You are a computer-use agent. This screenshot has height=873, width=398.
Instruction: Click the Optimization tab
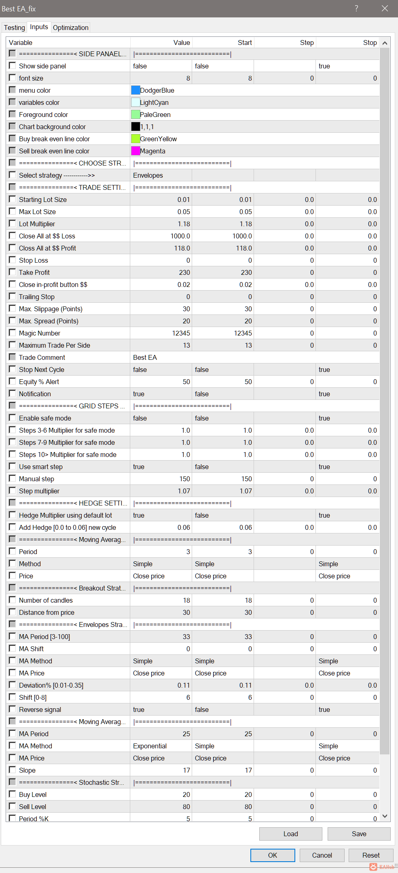point(70,28)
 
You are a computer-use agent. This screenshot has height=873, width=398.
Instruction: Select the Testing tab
point(14,28)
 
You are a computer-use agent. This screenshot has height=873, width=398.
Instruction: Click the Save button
point(359,834)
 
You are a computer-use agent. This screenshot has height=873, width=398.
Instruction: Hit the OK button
point(273,855)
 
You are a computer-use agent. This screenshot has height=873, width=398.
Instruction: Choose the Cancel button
point(322,855)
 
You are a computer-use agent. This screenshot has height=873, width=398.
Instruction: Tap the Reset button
point(371,855)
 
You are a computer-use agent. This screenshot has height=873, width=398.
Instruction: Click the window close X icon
point(385,8)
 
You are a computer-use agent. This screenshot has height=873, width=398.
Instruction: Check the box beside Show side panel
point(13,66)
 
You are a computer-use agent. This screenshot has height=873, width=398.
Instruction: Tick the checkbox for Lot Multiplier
point(13,223)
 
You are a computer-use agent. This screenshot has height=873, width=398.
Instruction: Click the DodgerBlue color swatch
point(135,90)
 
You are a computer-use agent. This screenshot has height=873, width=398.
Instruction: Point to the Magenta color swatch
point(135,151)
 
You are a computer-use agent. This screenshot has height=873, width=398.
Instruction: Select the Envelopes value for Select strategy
point(148,175)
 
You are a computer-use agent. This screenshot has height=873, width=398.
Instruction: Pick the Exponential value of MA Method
point(150,746)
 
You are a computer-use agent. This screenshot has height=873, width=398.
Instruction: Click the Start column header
point(244,42)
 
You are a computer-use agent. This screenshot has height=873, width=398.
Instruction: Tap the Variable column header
point(21,42)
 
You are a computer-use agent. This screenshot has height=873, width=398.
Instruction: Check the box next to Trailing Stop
point(13,296)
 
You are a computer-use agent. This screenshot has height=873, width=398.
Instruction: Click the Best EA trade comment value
point(145,357)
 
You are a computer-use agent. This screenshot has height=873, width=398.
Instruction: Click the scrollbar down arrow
point(385,816)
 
